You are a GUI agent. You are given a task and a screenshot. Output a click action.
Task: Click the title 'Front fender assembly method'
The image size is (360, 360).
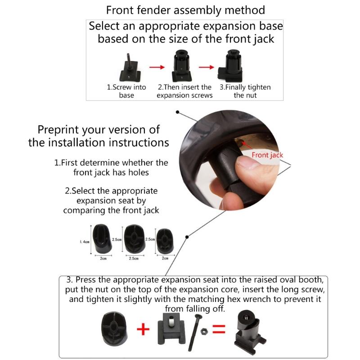point(185,10)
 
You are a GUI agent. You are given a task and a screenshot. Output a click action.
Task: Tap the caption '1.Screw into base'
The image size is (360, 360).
point(126,91)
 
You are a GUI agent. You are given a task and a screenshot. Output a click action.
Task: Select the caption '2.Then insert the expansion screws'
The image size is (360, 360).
point(184,91)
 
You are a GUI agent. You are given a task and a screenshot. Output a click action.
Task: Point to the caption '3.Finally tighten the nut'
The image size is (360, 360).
point(245,91)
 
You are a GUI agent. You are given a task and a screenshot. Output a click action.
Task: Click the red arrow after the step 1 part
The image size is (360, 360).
point(155,67)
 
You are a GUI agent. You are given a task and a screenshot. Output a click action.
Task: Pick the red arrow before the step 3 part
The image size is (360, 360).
point(206,67)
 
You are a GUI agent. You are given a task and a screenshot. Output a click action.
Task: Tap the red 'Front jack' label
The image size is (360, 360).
point(267,155)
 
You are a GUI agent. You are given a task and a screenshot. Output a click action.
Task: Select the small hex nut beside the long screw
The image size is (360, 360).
point(203,332)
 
